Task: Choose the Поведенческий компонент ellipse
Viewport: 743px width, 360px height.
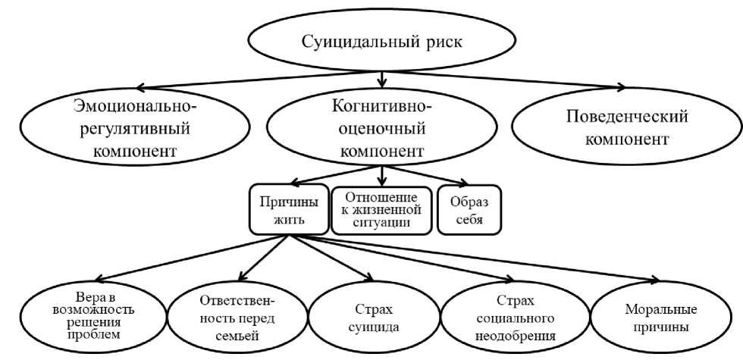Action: (616, 128)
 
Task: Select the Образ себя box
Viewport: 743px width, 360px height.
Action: (469, 209)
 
